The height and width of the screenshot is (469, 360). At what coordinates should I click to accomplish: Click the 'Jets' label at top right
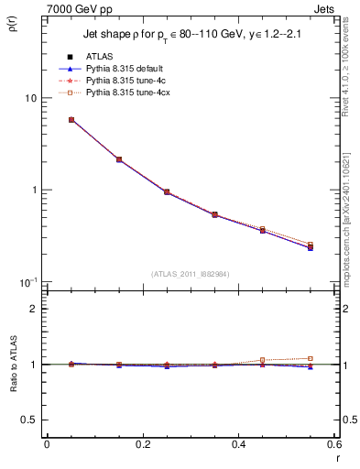326,9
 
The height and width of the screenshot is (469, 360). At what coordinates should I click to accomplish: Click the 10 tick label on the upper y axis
30,98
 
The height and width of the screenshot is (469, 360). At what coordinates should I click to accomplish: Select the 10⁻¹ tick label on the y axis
27,281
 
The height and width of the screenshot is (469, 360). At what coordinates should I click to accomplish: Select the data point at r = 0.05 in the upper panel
71,120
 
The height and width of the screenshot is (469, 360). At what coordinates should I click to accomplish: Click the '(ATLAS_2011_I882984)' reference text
191,273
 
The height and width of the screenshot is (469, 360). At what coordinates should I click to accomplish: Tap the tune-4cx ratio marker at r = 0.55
311,358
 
